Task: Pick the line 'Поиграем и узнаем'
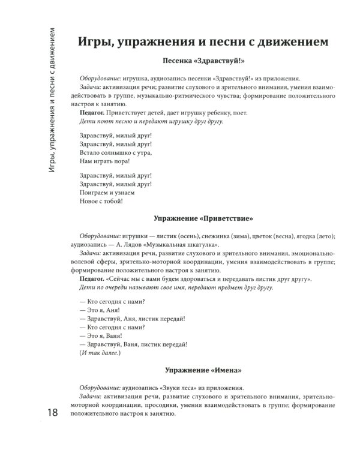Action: (x=107, y=194)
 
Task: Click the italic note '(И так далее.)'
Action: (x=100, y=353)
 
